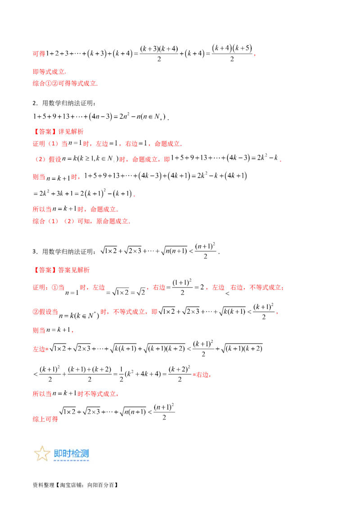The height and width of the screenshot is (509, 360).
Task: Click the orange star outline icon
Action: (42, 454)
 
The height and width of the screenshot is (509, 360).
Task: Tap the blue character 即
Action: (58, 453)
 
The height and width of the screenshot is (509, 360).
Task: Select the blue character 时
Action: (67, 453)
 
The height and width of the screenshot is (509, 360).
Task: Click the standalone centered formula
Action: (160, 249)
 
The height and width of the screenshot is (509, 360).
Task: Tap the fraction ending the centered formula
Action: (207, 249)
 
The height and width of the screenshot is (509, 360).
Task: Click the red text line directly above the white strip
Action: (66, 83)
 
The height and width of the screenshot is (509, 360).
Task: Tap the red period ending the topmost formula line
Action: (254, 55)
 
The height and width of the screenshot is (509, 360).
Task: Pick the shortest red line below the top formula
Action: (49, 72)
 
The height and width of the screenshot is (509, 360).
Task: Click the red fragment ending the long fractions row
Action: (203, 374)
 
